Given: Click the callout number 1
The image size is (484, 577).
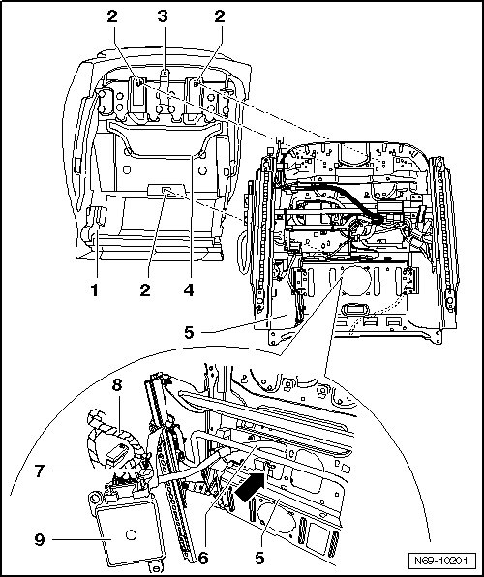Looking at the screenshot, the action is point(95,290).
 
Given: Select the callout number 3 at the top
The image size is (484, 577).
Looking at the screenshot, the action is point(163,16).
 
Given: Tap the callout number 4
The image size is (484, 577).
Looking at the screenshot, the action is point(189,290).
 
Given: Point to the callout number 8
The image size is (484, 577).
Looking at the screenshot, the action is point(117,385).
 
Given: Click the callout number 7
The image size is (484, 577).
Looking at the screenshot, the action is point(40,471).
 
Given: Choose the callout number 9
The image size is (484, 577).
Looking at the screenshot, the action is point(40,540).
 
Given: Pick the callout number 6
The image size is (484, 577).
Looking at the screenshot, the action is point(203,559).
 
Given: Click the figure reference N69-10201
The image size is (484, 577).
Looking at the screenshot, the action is point(440,561).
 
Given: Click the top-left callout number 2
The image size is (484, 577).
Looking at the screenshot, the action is point(112,16).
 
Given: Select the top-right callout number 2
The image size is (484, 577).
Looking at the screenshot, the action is point(220,16).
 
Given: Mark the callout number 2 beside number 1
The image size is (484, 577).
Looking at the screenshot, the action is point(145,290).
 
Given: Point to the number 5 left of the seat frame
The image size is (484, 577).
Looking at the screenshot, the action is point(189,332).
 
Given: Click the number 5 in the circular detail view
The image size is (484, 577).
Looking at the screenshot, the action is point(259,559).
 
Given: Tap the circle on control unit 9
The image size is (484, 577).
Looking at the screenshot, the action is point(131,534).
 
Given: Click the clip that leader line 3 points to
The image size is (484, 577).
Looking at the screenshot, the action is point(165,84).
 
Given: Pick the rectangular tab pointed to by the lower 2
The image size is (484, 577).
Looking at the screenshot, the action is point(166,190).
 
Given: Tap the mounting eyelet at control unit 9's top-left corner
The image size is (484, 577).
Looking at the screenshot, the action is point(94,499).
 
